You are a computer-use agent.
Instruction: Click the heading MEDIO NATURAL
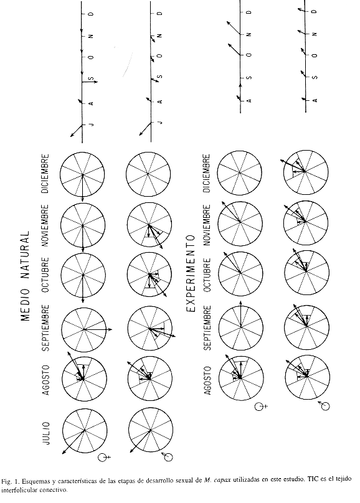pos(25,276)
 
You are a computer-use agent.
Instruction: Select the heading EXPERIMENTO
pos(191,273)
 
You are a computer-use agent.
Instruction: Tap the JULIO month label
pos(47,433)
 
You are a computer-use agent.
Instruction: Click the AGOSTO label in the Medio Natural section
pos(47,380)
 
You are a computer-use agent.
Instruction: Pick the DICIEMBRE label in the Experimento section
pos(207,174)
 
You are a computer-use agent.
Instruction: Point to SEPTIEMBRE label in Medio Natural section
pos(47,328)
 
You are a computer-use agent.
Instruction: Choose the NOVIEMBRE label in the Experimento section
pos(207,225)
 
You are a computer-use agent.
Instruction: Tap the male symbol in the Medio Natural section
pos(167,456)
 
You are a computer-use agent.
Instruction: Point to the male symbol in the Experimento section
pos(324,406)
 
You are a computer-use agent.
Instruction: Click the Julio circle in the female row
pos(85,430)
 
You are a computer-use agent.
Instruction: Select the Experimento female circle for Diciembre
pos(239,173)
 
